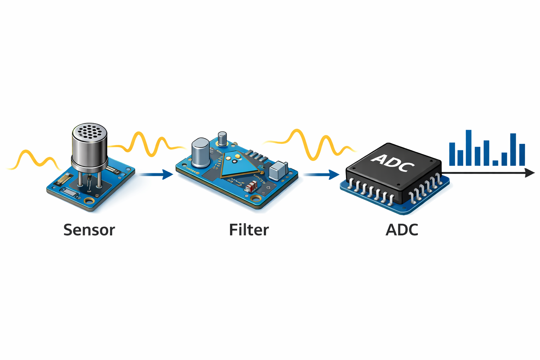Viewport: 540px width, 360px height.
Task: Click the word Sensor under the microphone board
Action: pyautogui.click(x=89, y=230)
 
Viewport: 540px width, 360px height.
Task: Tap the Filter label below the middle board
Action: pyautogui.click(x=249, y=230)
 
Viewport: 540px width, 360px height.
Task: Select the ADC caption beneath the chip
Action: pyautogui.click(x=402, y=230)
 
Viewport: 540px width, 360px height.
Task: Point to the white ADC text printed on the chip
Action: pyautogui.click(x=393, y=162)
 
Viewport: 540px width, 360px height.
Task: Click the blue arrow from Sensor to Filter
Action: pyautogui.click(x=156, y=174)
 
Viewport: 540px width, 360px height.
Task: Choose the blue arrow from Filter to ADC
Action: pyautogui.click(x=321, y=174)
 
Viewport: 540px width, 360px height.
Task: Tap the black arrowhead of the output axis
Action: pyautogui.click(x=529, y=173)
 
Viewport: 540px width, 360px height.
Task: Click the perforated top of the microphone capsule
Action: pyautogui.click(x=89, y=131)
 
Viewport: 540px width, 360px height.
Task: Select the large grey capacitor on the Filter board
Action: pyautogui.click(x=201, y=152)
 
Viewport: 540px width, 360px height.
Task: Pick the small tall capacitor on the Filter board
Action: pyautogui.click(x=222, y=139)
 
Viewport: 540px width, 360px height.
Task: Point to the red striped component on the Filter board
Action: pyautogui.click(x=251, y=187)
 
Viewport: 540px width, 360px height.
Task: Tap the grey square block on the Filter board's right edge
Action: pyautogui.click(x=278, y=171)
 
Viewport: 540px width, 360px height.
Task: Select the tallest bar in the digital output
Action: pyautogui.click(x=468, y=148)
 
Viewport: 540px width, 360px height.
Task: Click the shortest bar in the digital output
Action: pyautogui.click(x=495, y=163)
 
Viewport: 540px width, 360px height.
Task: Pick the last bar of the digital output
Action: pyautogui.click(x=522, y=155)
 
